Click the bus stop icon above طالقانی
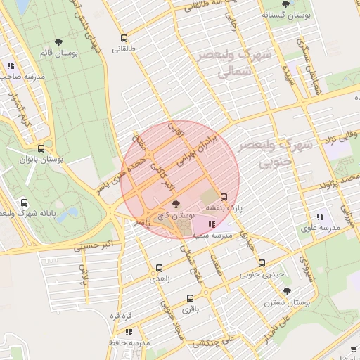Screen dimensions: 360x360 point(124,39)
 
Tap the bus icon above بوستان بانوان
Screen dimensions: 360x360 point(41,149)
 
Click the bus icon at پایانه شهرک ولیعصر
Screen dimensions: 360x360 point(25,202)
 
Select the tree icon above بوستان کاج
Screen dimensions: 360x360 point(175,204)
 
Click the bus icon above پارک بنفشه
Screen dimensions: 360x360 point(224,197)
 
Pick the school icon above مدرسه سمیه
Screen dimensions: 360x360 point(212,225)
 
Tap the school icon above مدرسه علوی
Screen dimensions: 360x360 point(320,217)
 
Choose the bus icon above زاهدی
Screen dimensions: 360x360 point(159,268)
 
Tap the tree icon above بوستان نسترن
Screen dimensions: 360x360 point(287,290)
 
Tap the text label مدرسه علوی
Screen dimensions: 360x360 point(320,228)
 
